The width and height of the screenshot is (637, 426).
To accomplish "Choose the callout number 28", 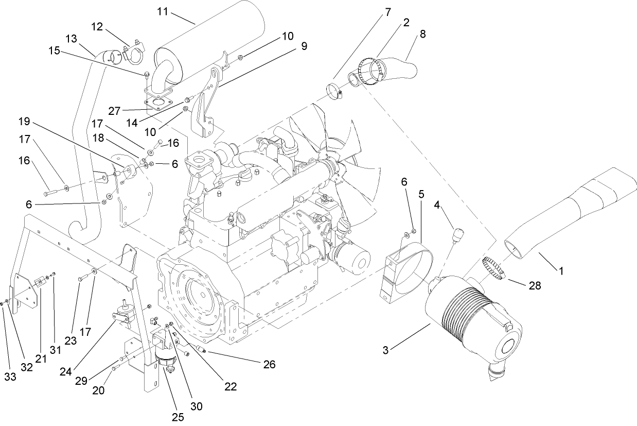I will (x=535, y=285).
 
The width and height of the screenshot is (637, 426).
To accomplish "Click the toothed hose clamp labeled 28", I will (x=494, y=268).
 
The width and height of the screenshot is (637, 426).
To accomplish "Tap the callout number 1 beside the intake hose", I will (x=561, y=269).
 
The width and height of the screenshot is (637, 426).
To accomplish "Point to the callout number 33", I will (x=10, y=377).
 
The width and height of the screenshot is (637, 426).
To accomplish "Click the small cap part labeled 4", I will (x=456, y=235).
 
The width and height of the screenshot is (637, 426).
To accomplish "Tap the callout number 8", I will (x=422, y=35).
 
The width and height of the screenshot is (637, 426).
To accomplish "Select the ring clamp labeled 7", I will (x=335, y=91).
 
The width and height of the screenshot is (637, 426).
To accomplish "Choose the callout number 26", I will (x=269, y=365).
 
